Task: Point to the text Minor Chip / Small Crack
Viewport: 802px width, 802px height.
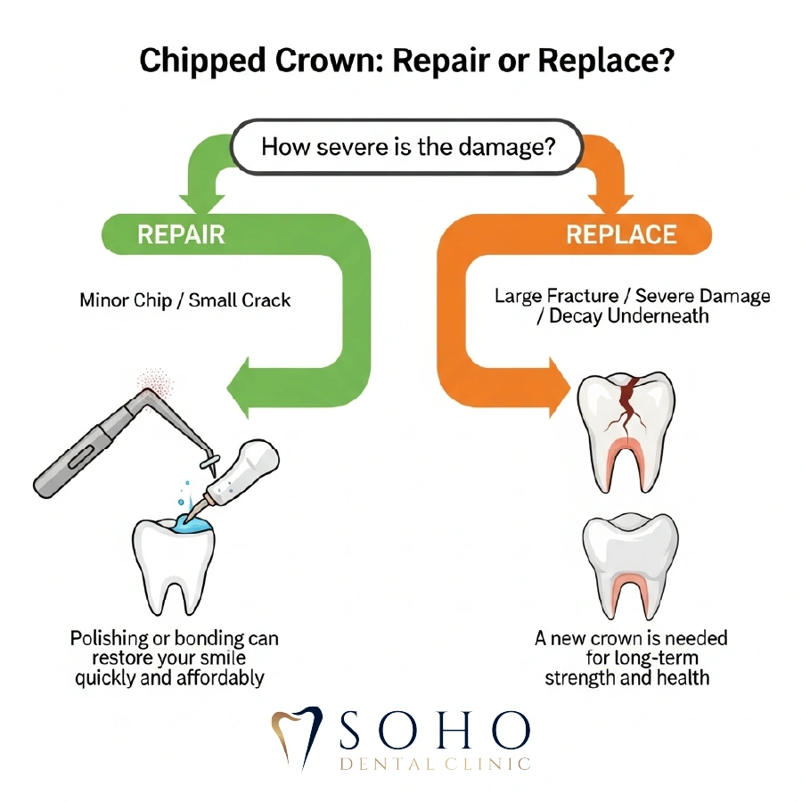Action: coord(185,300)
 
